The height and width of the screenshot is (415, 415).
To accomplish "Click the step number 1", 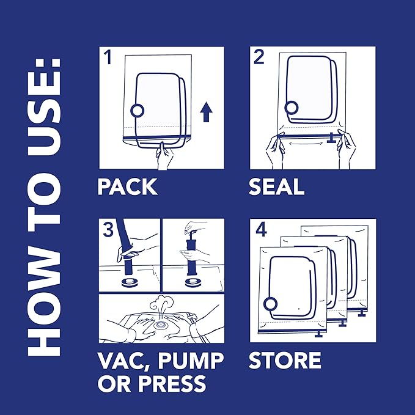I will pos(108,59).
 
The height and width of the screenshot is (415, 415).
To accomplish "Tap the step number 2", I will pos(259,59).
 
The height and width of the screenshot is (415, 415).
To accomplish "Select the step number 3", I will pos(108,230).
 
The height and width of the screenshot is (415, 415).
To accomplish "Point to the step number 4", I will pos(261,230).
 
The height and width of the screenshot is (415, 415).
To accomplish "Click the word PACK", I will pos(127,186).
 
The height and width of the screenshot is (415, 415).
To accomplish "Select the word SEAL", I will pos(276,186).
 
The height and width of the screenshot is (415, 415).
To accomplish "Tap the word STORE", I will pos(285,360).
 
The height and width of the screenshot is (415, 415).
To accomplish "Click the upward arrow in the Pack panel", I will pos(206,112).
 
